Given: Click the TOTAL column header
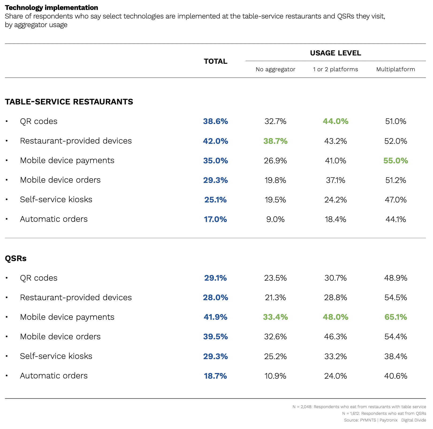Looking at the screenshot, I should (x=215, y=61).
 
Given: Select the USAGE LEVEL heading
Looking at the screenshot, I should (x=335, y=53).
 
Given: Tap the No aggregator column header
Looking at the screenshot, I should (x=275, y=69).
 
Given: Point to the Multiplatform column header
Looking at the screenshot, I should (x=396, y=69).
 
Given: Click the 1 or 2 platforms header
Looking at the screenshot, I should (x=335, y=69).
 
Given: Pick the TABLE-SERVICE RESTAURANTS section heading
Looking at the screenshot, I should (x=69, y=102).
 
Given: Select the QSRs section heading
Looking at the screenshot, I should (x=16, y=258).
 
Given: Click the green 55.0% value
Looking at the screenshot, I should (x=396, y=161).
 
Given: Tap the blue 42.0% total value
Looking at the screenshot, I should (x=215, y=141).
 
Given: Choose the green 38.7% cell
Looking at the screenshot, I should (x=275, y=141).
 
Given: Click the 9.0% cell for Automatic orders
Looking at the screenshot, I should (x=275, y=219).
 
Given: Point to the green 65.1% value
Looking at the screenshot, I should (x=396, y=317).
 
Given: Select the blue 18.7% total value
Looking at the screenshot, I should (x=215, y=376).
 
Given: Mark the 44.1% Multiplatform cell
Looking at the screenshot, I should (x=396, y=219).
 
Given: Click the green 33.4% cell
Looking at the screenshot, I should (x=275, y=317).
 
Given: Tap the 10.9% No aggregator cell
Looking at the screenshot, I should (x=275, y=376).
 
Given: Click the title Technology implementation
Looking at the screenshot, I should (x=51, y=7).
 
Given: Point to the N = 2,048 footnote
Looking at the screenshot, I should (x=359, y=407).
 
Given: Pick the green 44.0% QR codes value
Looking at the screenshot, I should (x=335, y=122).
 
